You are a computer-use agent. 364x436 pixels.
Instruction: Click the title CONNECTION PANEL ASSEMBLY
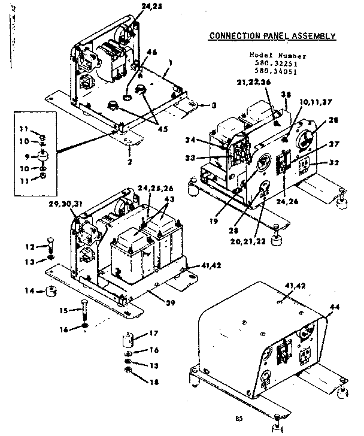[272, 36]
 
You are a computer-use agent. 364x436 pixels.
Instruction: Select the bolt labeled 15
[84, 310]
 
